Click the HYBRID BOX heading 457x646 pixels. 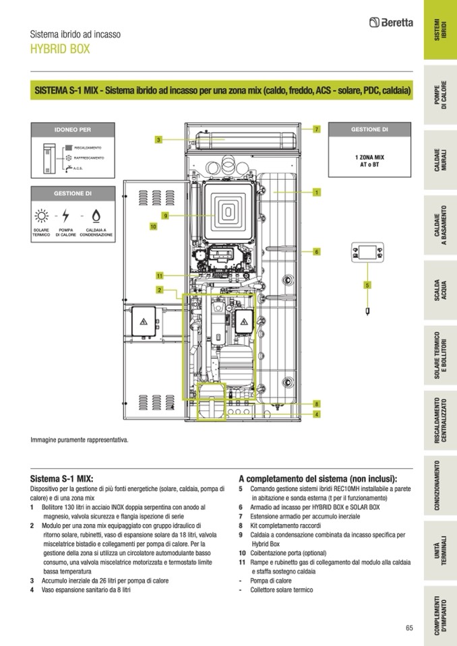point(60,49)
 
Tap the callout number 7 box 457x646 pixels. point(316,129)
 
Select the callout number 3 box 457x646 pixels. point(158,139)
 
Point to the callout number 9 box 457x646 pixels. point(164,216)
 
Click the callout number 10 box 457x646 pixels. point(153,227)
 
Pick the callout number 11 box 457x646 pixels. point(160,276)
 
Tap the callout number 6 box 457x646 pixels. point(316,251)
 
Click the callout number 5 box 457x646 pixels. point(367,285)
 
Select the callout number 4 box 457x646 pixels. point(316,414)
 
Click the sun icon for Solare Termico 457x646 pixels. point(42,217)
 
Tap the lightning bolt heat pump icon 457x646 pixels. point(65,217)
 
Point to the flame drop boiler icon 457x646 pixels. point(96,217)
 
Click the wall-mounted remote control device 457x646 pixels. point(367,254)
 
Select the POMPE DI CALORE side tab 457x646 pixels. point(440,100)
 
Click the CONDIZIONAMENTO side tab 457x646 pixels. point(440,485)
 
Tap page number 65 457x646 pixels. point(409,628)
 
